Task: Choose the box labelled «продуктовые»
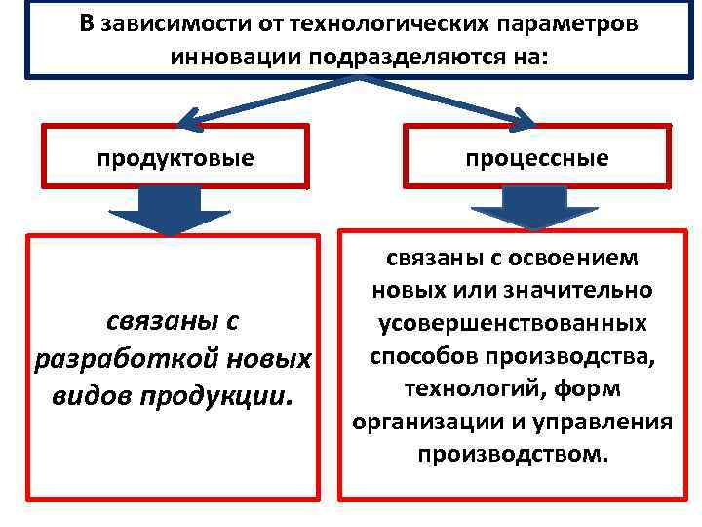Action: point(175,156)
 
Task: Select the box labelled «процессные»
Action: point(537,156)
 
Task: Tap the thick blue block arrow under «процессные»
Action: point(534,207)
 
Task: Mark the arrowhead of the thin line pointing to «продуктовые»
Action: point(190,122)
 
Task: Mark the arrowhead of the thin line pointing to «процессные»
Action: point(524,121)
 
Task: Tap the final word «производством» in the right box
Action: point(512,454)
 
